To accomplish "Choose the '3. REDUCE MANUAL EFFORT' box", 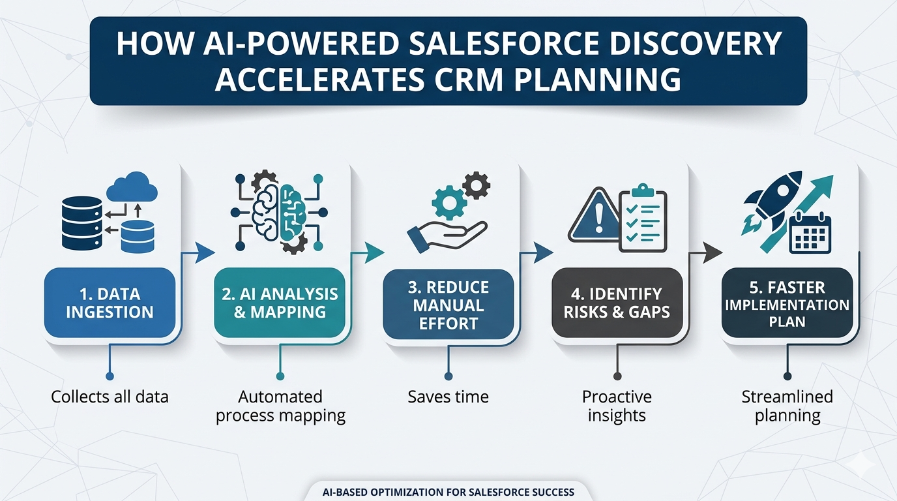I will coord(448,305).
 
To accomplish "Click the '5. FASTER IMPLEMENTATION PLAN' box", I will coord(787,304).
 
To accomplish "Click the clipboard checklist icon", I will coord(643,217).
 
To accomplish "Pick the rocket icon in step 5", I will coord(765,200).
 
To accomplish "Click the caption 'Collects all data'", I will coord(110,396).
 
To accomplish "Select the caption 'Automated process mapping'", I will coord(280,406).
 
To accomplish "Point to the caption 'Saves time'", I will coord(448,396).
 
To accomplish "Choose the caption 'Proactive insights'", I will coord(617,406).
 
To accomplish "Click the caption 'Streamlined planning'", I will coord(787,406).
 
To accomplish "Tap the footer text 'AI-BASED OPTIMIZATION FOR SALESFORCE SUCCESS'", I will coord(448,491).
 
